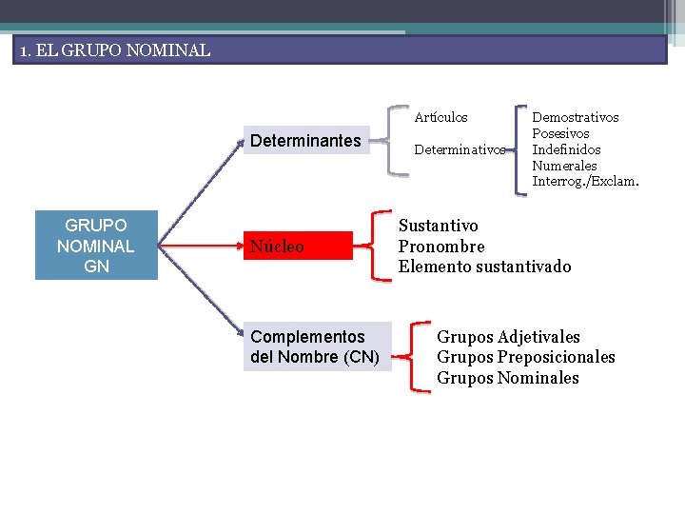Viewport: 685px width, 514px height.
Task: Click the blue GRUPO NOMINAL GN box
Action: click(x=96, y=247)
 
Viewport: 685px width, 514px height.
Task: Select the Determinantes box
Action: click(x=305, y=141)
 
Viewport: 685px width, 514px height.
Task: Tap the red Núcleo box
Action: click(x=297, y=247)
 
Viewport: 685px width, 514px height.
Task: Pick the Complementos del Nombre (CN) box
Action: click(x=315, y=346)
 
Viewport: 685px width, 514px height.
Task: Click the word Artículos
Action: click(x=440, y=117)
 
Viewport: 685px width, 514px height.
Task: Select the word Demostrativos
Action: click(x=576, y=117)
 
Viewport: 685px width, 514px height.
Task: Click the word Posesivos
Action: click(x=560, y=133)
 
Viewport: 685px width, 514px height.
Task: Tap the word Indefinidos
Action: click(x=566, y=149)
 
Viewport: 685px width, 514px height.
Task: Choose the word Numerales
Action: click(x=564, y=166)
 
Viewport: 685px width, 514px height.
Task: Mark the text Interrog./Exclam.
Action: click(x=585, y=181)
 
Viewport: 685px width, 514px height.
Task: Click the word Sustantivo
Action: click(x=438, y=226)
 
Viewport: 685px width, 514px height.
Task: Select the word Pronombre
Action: click(x=440, y=247)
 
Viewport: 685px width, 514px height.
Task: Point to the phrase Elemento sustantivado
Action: click(x=484, y=267)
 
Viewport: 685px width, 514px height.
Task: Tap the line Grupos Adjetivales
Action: click(x=508, y=337)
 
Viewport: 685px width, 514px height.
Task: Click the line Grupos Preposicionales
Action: click(x=525, y=357)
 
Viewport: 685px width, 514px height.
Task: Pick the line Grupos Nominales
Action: click(x=507, y=378)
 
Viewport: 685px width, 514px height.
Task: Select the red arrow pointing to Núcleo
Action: click(x=195, y=247)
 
